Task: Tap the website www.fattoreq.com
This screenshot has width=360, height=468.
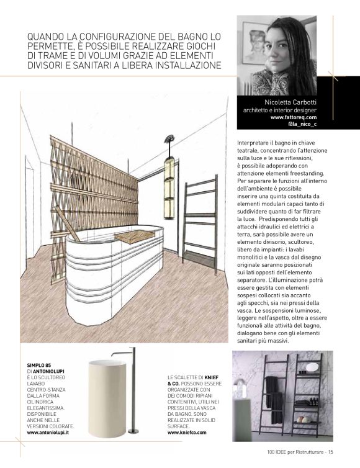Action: pyautogui.click(x=294, y=117)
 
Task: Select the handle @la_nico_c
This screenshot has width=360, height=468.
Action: pyautogui.click(x=302, y=124)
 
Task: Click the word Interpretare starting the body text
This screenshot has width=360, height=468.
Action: pyautogui.click(x=254, y=143)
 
